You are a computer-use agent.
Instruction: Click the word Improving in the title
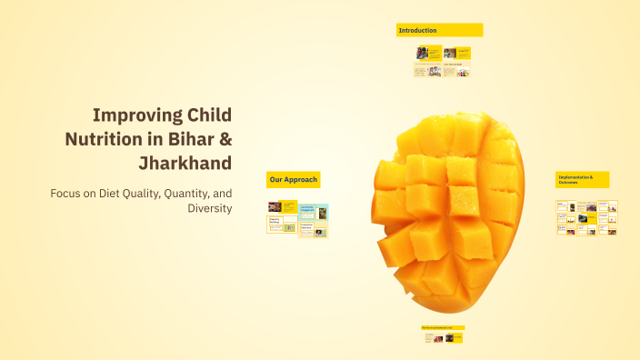136,115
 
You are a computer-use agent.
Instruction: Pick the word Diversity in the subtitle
209,208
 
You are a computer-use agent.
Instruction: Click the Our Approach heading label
292,180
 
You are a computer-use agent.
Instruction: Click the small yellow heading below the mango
443,327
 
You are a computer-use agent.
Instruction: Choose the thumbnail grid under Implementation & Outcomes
586,218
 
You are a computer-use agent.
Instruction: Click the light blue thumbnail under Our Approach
313,213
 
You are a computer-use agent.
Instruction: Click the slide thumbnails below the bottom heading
443,338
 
